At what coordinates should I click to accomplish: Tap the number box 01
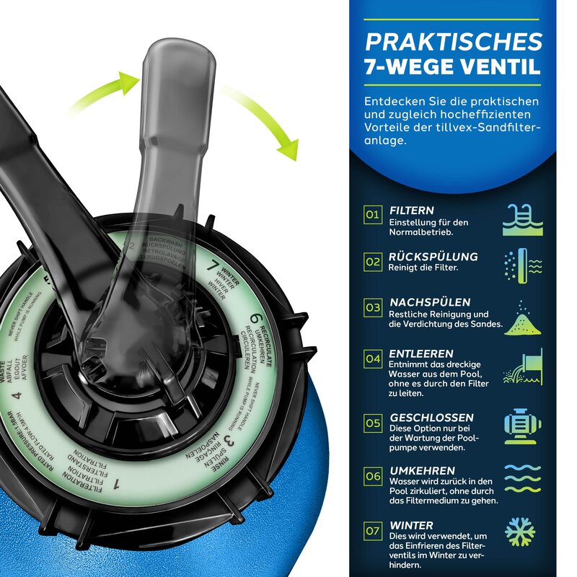tap(372, 214)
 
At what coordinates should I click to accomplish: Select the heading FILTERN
tap(412, 211)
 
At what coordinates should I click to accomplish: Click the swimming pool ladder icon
tap(519, 220)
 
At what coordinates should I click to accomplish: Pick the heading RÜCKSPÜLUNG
tap(433, 256)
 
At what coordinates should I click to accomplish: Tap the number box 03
tap(372, 307)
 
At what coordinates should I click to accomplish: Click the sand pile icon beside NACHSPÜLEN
tap(519, 318)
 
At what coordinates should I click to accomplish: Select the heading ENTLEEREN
tap(421, 354)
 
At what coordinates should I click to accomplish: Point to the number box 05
tap(372, 423)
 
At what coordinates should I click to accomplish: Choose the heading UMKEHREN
tap(421, 470)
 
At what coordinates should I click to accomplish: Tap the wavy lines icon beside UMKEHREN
tap(519, 477)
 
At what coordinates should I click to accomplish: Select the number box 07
tap(372, 532)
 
